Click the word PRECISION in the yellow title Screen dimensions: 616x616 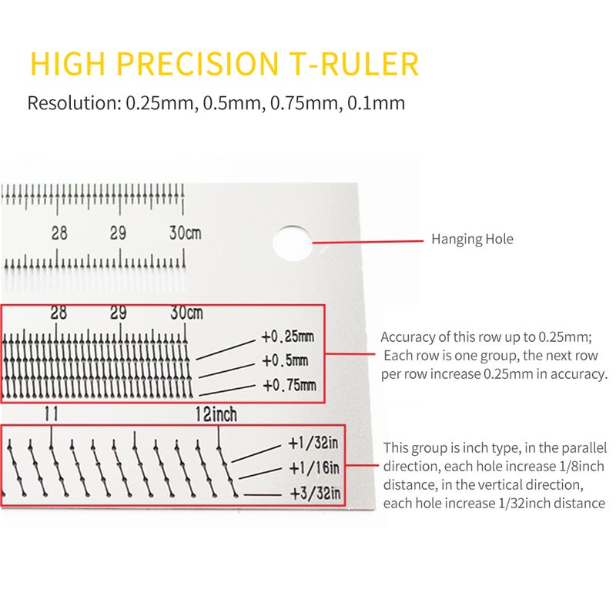(198, 63)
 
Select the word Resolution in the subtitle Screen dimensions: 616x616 (73, 103)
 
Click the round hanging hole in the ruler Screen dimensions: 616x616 (292, 243)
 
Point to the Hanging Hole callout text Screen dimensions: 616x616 (472, 239)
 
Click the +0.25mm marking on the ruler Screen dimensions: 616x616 (287, 336)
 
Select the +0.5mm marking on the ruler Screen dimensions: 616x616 (285, 360)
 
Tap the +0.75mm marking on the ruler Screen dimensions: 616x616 (290, 385)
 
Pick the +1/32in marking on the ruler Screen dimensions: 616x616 (313, 444)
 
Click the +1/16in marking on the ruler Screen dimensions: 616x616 (314, 468)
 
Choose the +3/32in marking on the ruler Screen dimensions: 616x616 (315, 493)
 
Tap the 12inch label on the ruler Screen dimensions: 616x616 (216, 414)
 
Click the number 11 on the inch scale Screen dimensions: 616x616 (51, 413)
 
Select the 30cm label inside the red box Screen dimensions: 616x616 (186, 313)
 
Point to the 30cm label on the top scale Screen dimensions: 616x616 (185, 233)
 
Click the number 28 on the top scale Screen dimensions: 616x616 (59, 233)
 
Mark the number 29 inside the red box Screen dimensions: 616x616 (119, 313)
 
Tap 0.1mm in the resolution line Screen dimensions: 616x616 (377, 103)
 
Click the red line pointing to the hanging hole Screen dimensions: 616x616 (368, 242)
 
